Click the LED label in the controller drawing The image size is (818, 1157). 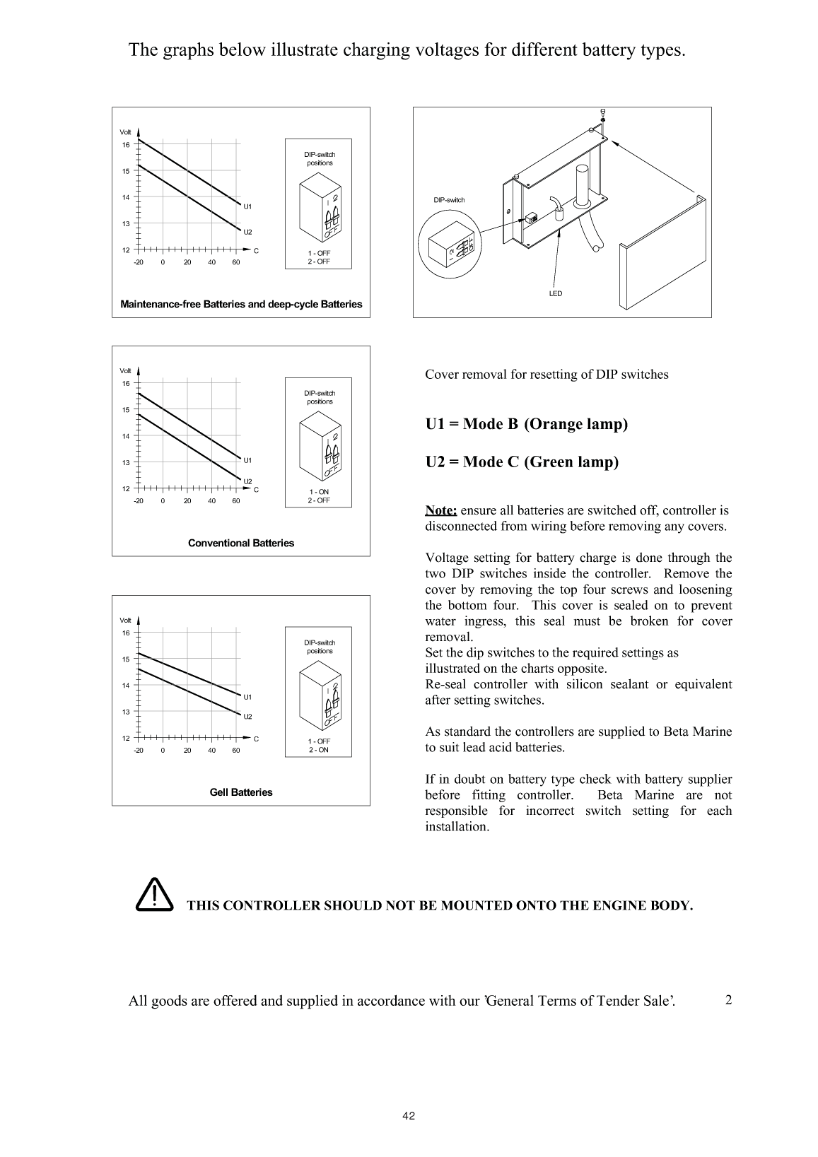(x=556, y=293)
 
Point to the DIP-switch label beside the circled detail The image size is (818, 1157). (x=449, y=200)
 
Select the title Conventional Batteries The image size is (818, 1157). (x=241, y=543)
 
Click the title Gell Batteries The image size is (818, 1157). (x=241, y=792)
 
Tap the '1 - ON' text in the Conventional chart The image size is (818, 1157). (x=319, y=492)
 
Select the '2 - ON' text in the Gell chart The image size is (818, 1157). (x=319, y=750)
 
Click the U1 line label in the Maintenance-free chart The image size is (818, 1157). (x=247, y=206)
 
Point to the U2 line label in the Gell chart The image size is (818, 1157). (x=247, y=717)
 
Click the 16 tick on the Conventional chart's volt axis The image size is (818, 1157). (x=126, y=383)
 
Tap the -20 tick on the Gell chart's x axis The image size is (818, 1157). (x=139, y=750)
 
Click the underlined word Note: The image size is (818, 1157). (x=441, y=510)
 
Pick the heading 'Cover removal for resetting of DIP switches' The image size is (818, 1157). (x=547, y=375)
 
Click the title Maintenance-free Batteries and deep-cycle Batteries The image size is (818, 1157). (x=241, y=305)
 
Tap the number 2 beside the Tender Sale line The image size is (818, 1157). (x=728, y=1000)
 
